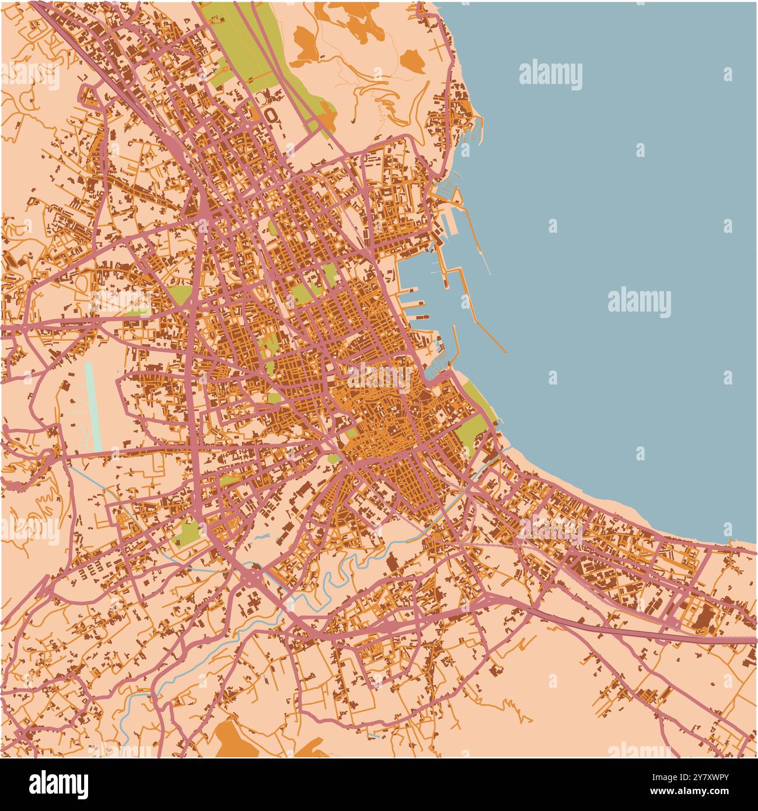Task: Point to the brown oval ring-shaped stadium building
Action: coord(270,114)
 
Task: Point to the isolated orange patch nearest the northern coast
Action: coord(412,61)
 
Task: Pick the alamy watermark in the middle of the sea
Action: coord(639,302)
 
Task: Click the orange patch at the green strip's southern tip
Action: coord(327,120)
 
